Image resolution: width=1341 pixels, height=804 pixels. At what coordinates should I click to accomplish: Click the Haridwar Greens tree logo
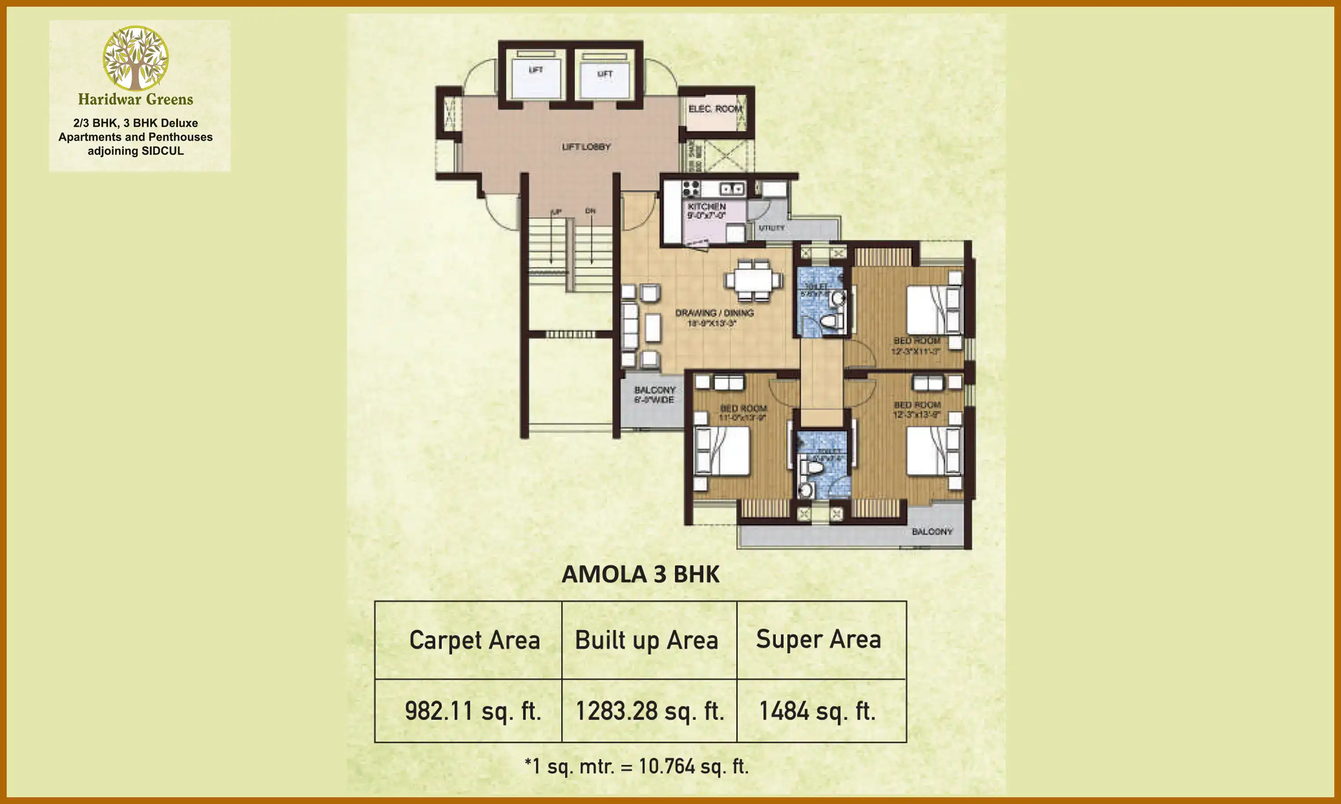click(x=135, y=58)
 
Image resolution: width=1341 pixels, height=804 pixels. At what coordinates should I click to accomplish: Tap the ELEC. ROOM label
click(x=714, y=109)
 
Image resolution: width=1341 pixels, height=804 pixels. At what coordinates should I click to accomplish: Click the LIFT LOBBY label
click(x=586, y=147)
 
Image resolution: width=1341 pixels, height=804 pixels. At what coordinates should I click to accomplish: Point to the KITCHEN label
click(x=706, y=207)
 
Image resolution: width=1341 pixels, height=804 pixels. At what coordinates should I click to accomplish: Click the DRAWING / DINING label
click(x=714, y=313)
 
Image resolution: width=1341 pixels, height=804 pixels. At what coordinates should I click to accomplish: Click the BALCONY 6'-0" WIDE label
click(x=655, y=395)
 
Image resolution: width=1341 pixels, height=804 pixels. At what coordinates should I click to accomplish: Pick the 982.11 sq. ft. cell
click(x=472, y=711)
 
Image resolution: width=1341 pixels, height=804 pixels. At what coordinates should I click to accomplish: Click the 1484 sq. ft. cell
click(x=818, y=711)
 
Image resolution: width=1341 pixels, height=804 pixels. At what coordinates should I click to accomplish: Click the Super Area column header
click(x=818, y=639)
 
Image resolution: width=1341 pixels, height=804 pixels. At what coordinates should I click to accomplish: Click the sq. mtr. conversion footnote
click(x=637, y=766)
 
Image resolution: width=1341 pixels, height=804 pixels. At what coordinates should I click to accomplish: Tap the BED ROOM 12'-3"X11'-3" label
click(x=917, y=346)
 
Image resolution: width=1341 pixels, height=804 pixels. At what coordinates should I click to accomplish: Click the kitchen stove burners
click(x=691, y=188)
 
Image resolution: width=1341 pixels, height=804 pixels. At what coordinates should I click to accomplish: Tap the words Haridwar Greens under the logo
click(x=135, y=100)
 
